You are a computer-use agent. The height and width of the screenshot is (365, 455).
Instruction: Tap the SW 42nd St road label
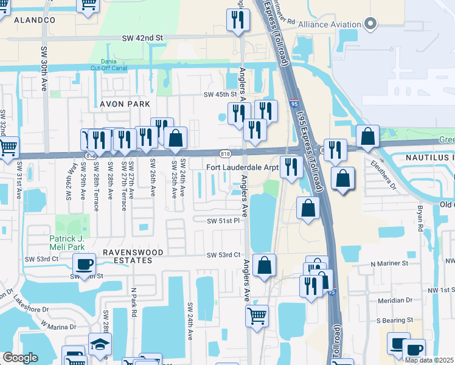[x=144, y=38]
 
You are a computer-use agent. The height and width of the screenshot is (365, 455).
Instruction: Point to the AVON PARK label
[x=120, y=104]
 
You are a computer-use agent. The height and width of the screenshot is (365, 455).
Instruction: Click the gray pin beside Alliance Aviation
[x=370, y=24]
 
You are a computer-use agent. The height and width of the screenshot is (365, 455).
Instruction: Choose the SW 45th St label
[x=220, y=94]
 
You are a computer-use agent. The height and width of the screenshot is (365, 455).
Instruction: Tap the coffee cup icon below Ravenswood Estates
[x=85, y=264]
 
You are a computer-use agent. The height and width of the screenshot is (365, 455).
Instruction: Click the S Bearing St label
[x=394, y=319]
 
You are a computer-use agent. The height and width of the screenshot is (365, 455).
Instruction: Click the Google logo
[x=20, y=358]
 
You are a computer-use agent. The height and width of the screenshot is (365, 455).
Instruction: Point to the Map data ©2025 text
[x=429, y=360]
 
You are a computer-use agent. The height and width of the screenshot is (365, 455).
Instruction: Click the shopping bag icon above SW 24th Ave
[x=175, y=137]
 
